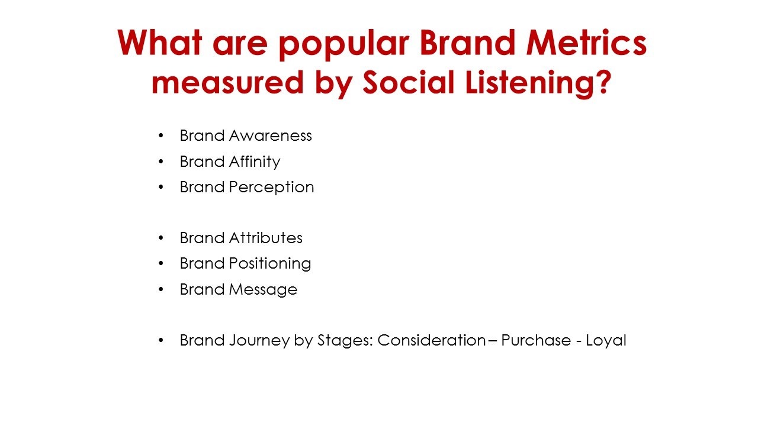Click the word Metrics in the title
586,43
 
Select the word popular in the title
344,44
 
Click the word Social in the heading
408,82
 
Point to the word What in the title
160,43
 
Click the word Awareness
271,136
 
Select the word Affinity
255,162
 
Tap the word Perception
271,188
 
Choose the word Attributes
266,238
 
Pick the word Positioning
269,264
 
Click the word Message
263,290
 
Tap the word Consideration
432,340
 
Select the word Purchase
536,340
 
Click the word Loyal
606,341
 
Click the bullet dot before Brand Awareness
160,136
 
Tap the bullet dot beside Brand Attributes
160,238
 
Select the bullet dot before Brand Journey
160,340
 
